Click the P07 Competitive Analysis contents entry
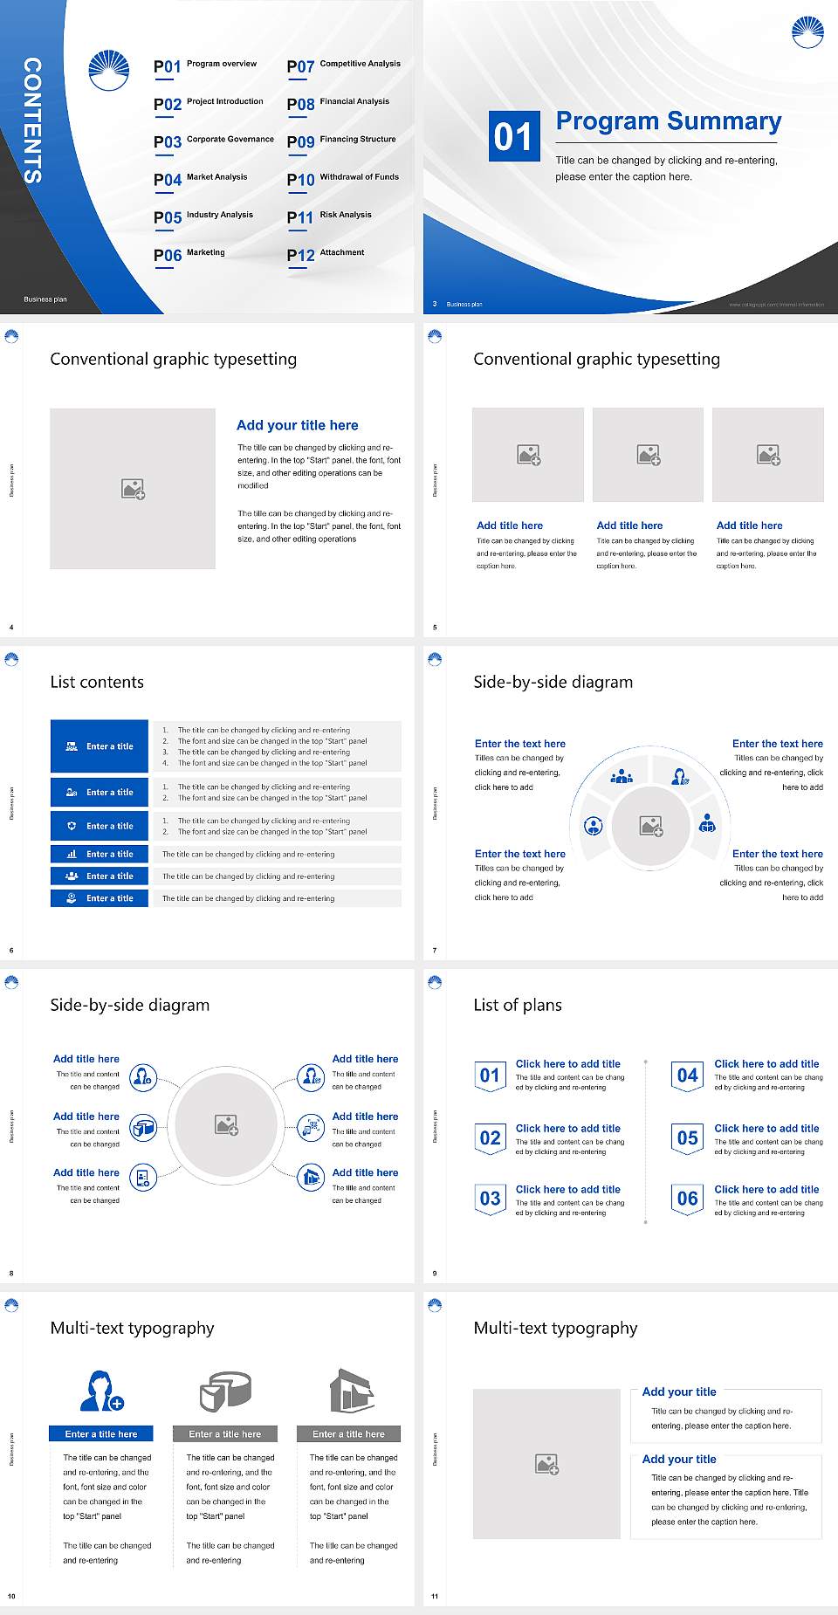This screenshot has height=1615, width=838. [x=343, y=66]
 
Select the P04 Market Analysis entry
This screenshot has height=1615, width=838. [x=201, y=180]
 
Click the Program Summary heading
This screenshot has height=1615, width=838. [x=668, y=121]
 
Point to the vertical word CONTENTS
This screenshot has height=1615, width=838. [x=32, y=120]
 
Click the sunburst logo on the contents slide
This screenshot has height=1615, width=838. [x=109, y=71]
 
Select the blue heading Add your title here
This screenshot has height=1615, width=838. [x=297, y=425]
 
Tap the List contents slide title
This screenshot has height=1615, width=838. [x=97, y=682]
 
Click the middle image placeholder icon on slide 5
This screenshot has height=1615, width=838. [x=648, y=455]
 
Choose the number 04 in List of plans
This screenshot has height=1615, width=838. [x=688, y=1076]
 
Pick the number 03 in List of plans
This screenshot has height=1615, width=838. [x=490, y=1199]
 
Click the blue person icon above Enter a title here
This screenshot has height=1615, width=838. [x=101, y=1391]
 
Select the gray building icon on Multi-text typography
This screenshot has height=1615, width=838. [x=352, y=1391]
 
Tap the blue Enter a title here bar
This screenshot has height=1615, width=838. [x=101, y=1434]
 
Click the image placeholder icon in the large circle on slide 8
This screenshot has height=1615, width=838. [x=227, y=1125]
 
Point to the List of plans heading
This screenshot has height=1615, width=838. [x=518, y=1005]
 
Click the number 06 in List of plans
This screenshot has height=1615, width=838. [x=688, y=1199]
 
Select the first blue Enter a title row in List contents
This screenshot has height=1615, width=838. [x=100, y=746]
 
